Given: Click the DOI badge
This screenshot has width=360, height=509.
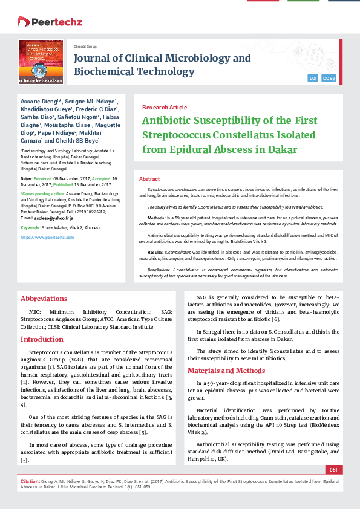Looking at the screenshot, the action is [x=313, y=79].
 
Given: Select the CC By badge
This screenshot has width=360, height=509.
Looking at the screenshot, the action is [x=329, y=79].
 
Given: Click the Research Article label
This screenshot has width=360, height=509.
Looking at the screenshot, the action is [x=164, y=107].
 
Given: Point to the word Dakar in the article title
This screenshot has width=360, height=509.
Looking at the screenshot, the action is [x=282, y=149].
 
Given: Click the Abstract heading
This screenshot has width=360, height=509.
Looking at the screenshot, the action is [x=149, y=180].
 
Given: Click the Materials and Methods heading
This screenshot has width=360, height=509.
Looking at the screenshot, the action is [x=226, y=371].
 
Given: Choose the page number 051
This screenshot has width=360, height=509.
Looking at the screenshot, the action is [x=333, y=470].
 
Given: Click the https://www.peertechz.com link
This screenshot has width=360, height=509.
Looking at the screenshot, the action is [x=47, y=238].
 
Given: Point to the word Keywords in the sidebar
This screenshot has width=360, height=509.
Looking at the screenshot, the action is [x=30, y=228].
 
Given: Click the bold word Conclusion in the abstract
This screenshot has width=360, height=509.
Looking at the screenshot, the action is [x=159, y=269].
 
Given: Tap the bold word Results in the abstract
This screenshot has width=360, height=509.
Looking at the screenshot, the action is [x=155, y=251].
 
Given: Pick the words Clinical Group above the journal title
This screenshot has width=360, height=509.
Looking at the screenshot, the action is [x=85, y=46].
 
